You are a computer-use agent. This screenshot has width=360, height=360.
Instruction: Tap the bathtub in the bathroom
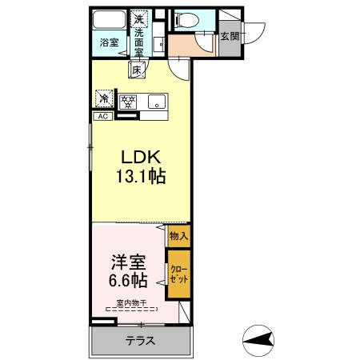pyautogui.click(x=109, y=21)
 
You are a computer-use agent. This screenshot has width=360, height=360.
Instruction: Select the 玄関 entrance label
pyautogui.click(x=230, y=37)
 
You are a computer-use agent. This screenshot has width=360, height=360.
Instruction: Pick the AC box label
pyautogui.click(x=102, y=116)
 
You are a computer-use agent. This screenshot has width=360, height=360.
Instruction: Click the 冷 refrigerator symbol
pyautogui.click(x=103, y=99)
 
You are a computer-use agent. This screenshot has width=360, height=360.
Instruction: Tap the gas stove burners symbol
pyautogui.click(x=128, y=101)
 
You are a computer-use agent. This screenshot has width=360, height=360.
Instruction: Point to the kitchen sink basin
pyautogui.click(x=155, y=101)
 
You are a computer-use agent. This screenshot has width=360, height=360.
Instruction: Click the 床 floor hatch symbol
pyautogui.click(x=137, y=70)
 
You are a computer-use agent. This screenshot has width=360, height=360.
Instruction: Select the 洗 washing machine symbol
pyautogui.click(x=139, y=18)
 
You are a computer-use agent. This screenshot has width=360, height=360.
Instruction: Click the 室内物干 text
pyautogui.click(x=130, y=302)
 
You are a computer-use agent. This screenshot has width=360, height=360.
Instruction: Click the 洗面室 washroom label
pyautogui.click(x=139, y=42)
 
